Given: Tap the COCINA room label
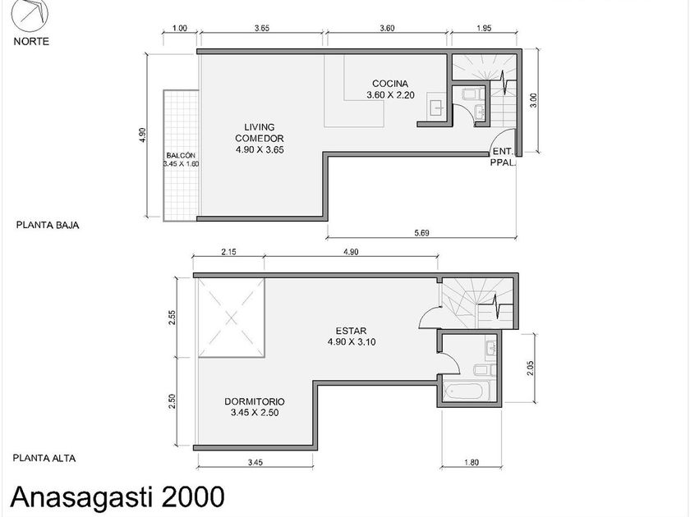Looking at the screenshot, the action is pyautogui.click(x=390, y=83).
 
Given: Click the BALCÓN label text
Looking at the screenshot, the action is pyautogui.click(x=181, y=155).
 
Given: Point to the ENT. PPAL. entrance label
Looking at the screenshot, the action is pyautogui.click(x=503, y=157).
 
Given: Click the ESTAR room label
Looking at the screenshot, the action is pyautogui.click(x=351, y=331).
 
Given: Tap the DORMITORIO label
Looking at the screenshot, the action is pyautogui.click(x=255, y=401).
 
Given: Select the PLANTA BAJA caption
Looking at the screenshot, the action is pyautogui.click(x=48, y=225).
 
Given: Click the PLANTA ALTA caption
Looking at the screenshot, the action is pyautogui.click(x=44, y=458).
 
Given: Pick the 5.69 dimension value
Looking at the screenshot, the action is pyautogui.click(x=421, y=232).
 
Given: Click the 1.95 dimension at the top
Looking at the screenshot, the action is pyautogui.click(x=484, y=28).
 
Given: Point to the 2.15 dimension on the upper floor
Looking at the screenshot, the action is pyautogui.click(x=229, y=252).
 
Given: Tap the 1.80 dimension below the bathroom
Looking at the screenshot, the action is pyautogui.click(x=471, y=462).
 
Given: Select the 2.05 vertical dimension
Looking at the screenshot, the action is pyautogui.click(x=530, y=368).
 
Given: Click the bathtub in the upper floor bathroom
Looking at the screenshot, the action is pyautogui.click(x=466, y=391).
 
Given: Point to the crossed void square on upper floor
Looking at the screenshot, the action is pyautogui.click(x=231, y=318).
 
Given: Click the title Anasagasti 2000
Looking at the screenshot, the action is pyautogui.click(x=117, y=496).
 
